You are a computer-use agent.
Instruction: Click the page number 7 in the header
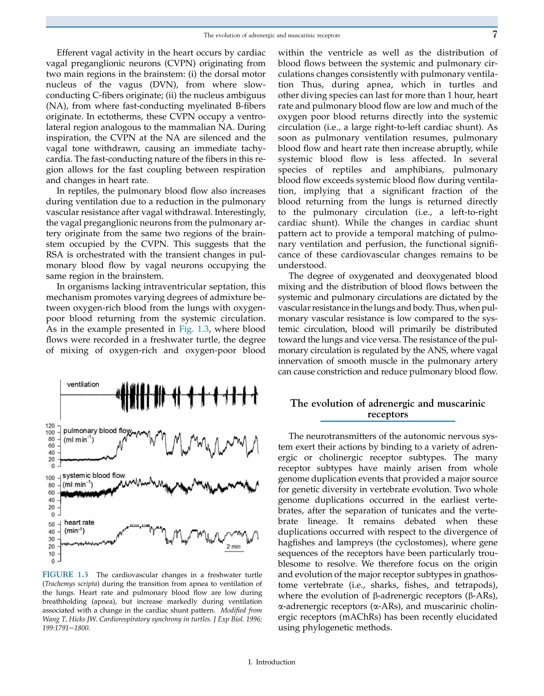[494, 35]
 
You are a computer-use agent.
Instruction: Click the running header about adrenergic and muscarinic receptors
[271, 35]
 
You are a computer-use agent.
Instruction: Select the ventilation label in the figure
[83, 384]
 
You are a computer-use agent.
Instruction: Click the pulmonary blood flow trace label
[97, 431]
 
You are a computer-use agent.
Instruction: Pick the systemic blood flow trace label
[94, 476]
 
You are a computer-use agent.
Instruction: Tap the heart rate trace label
[79, 522]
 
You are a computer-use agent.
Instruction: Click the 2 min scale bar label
[233, 546]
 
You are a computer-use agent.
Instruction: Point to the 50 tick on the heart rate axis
[51, 524]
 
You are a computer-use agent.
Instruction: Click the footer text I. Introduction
[271, 662]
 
